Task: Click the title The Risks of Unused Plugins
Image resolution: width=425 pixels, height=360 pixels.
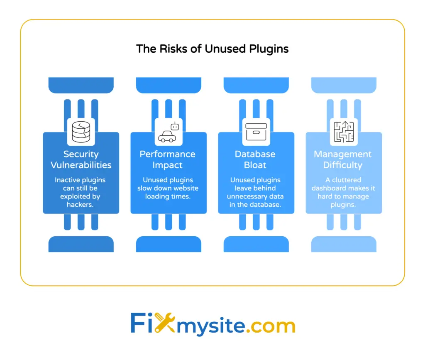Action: point(212,49)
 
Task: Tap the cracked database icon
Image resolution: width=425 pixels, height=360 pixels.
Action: point(81,132)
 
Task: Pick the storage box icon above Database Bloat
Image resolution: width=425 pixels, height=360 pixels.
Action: point(256,132)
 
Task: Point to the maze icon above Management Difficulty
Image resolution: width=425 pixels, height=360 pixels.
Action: point(344,132)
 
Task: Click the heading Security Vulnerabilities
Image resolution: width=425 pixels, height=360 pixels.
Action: point(81,159)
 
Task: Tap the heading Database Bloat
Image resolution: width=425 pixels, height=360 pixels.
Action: point(256,159)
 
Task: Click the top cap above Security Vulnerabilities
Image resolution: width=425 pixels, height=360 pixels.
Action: point(81,85)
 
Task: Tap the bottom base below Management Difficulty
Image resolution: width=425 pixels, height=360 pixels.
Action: point(344,244)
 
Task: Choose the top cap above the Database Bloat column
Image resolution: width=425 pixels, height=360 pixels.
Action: point(256,85)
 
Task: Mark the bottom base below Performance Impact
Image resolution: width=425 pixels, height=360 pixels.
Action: point(169,244)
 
